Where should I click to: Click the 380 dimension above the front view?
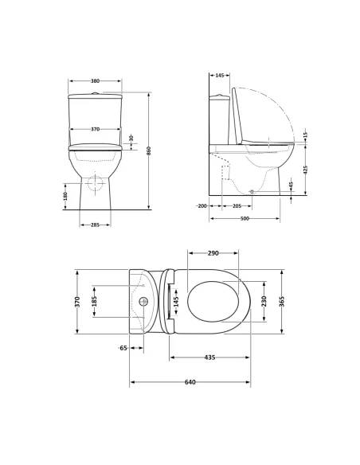click(x=95, y=81)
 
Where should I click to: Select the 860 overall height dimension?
click(x=148, y=150)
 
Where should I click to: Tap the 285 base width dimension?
click(x=95, y=224)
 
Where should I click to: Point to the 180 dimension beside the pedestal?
click(x=65, y=195)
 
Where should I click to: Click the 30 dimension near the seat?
click(x=131, y=138)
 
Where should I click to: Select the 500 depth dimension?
click(x=244, y=218)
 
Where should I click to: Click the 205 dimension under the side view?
click(x=237, y=205)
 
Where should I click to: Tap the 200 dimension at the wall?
click(x=202, y=205)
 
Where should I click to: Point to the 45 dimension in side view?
click(x=292, y=185)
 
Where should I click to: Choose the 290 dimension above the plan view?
click(x=213, y=253)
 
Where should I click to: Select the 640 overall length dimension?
click(x=190, y=382)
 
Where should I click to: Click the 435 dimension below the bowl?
click(x=209, y=358)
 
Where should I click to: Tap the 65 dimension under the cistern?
click(x=123, y=348)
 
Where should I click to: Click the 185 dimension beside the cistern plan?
click(x=94, y=301)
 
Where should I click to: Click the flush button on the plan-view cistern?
click(x=143, y=302)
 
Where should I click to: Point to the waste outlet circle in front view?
click(x=95, y=184)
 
